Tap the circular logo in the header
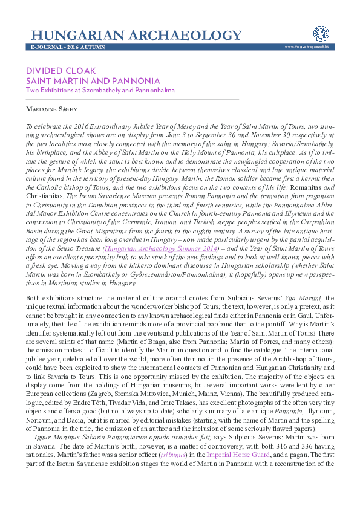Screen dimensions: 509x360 tap(320, 33)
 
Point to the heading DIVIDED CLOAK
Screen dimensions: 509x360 tap(61, 71)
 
